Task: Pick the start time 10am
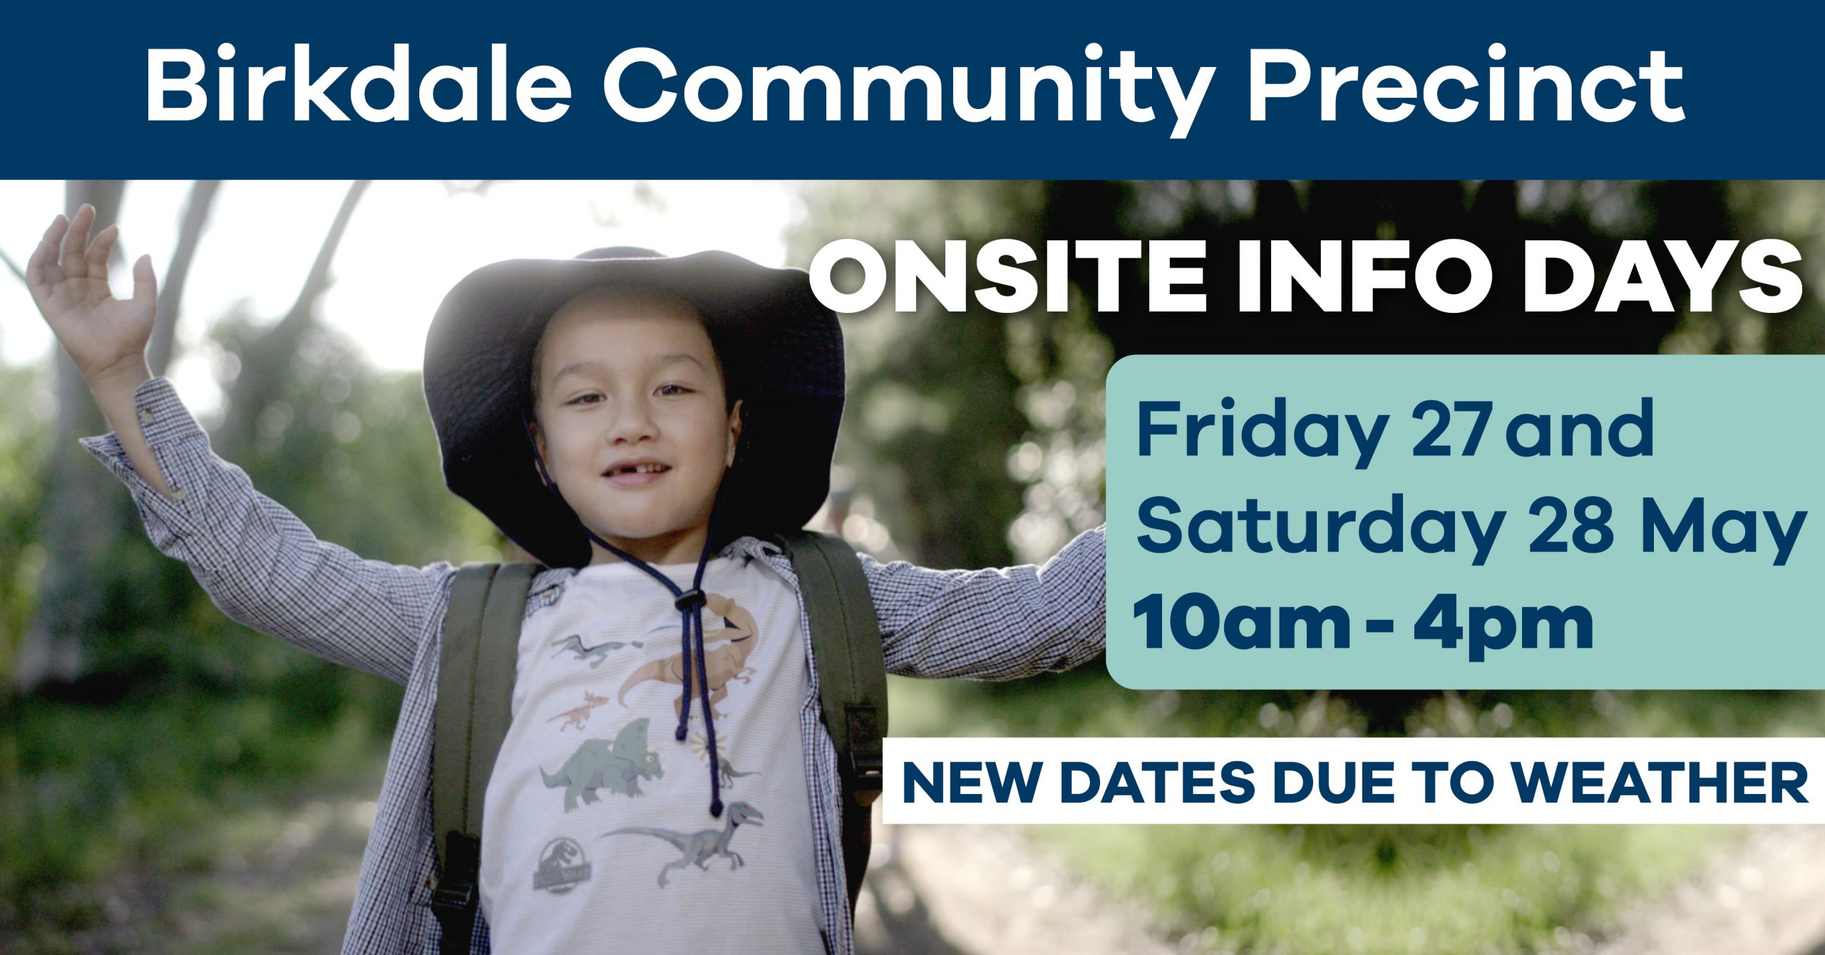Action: [1241, 624]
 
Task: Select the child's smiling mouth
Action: [637, 473]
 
